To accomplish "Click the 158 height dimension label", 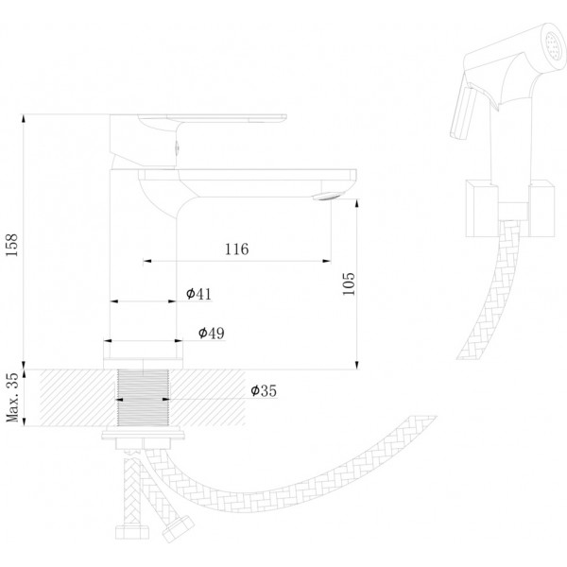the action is [11, 245].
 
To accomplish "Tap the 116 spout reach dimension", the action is [237, 249].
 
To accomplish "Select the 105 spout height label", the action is [349, 283].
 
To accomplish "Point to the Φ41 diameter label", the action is [198, 294].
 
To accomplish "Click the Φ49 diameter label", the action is [211, 333].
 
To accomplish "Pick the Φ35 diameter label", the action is [264, 390].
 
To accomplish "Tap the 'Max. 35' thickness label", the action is [11, 397].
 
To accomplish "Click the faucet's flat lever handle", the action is [213, 118].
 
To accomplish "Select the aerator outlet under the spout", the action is [326, 197].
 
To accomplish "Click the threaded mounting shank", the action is [144, 398].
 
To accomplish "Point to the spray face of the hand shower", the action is [554, 46].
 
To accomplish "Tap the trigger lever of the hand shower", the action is [463, 112].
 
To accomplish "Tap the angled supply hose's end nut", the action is [178, 529].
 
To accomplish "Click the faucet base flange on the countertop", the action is [144, 364].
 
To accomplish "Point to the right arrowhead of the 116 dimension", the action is [327, 261].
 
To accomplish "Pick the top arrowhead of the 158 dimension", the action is [24, 119].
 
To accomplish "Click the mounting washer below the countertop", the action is [144, 433].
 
